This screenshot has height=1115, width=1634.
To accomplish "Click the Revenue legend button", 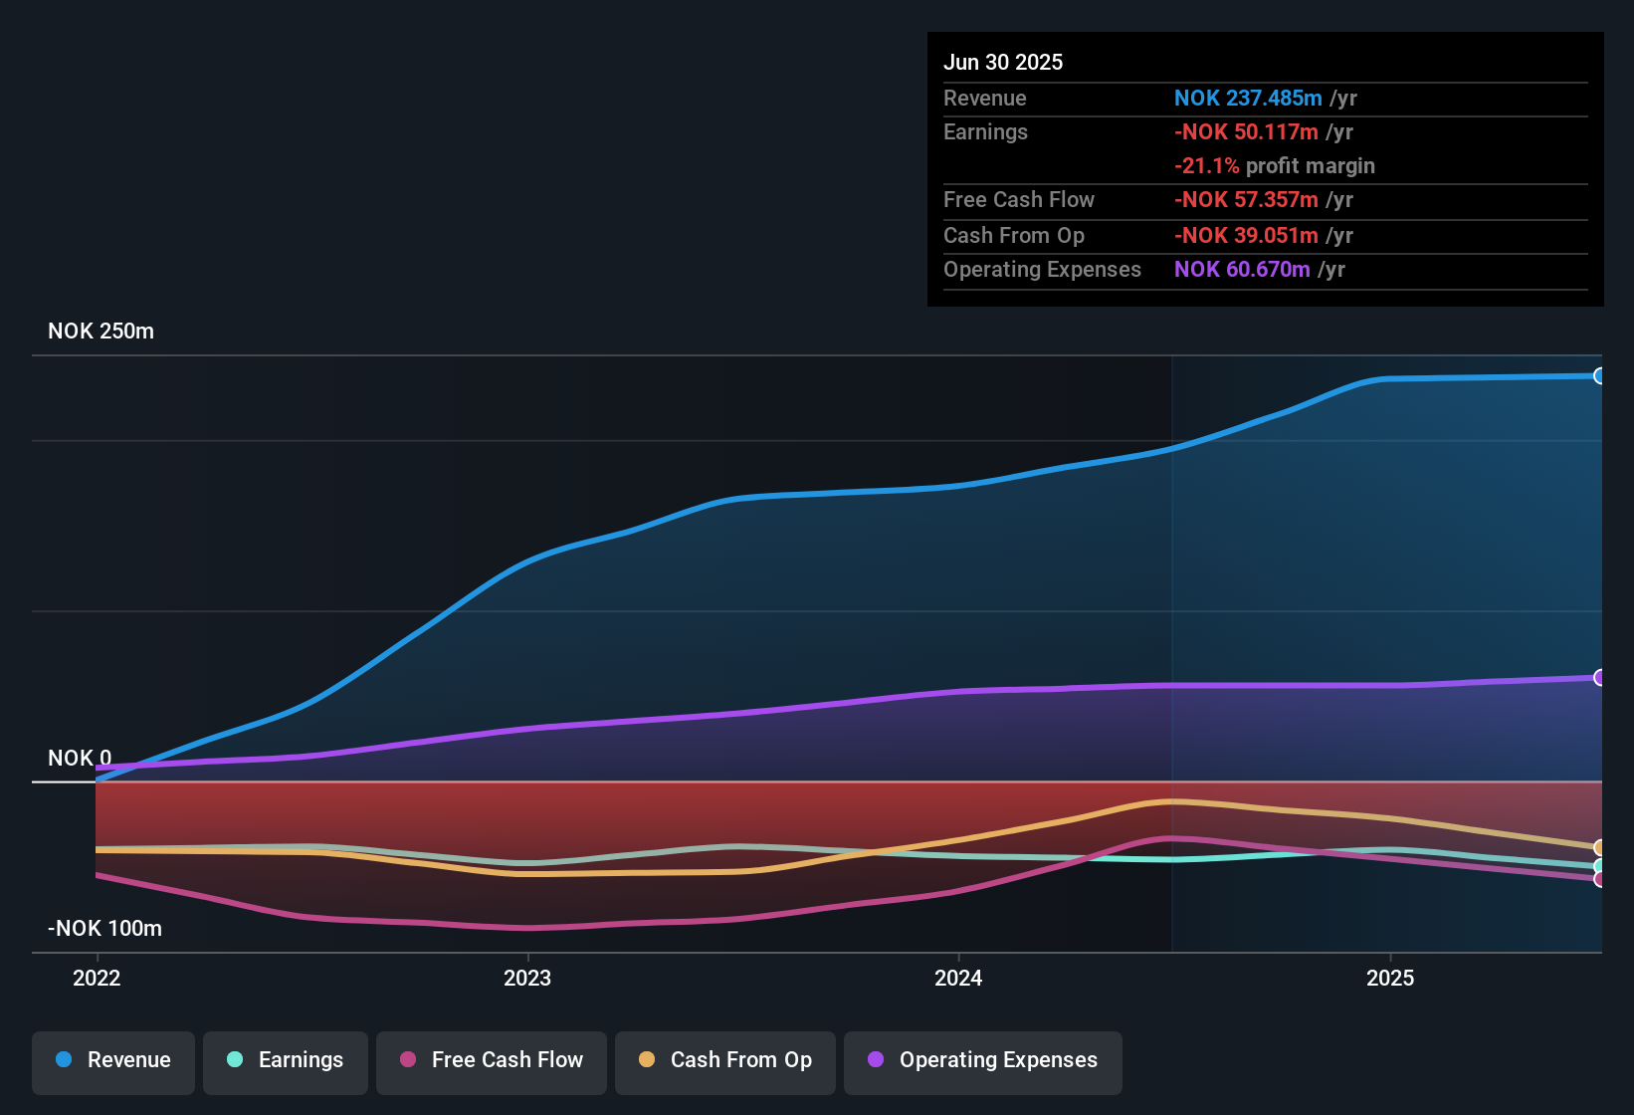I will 113,1060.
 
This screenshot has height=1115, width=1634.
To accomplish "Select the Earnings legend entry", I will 286,1060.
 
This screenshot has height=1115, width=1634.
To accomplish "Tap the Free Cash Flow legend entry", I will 492,1060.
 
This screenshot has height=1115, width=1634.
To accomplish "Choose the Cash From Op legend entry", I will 725,1060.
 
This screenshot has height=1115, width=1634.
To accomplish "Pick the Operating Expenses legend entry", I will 983,1060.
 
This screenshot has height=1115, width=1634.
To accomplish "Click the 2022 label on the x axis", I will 97,978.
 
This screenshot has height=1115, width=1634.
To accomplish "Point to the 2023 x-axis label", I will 527,978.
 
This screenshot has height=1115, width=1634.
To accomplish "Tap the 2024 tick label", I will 958,978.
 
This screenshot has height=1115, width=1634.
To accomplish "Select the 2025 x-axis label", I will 1390,978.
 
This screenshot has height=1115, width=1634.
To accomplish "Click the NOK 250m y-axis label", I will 101,332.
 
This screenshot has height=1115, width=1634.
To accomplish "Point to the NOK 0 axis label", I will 80,759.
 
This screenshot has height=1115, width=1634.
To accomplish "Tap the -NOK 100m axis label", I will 104,929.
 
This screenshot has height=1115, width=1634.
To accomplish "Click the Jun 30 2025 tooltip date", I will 1003,63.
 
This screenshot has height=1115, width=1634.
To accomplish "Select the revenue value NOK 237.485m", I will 1248,99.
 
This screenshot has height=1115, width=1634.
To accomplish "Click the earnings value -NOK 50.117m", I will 1246,132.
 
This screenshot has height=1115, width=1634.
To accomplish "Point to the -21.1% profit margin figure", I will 1207,166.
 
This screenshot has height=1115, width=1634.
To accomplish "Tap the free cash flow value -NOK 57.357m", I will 1246,200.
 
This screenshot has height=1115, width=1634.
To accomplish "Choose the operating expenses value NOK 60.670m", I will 1242,270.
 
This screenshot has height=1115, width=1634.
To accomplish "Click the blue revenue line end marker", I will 1599,376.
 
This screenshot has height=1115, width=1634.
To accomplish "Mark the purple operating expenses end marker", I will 1599,678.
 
